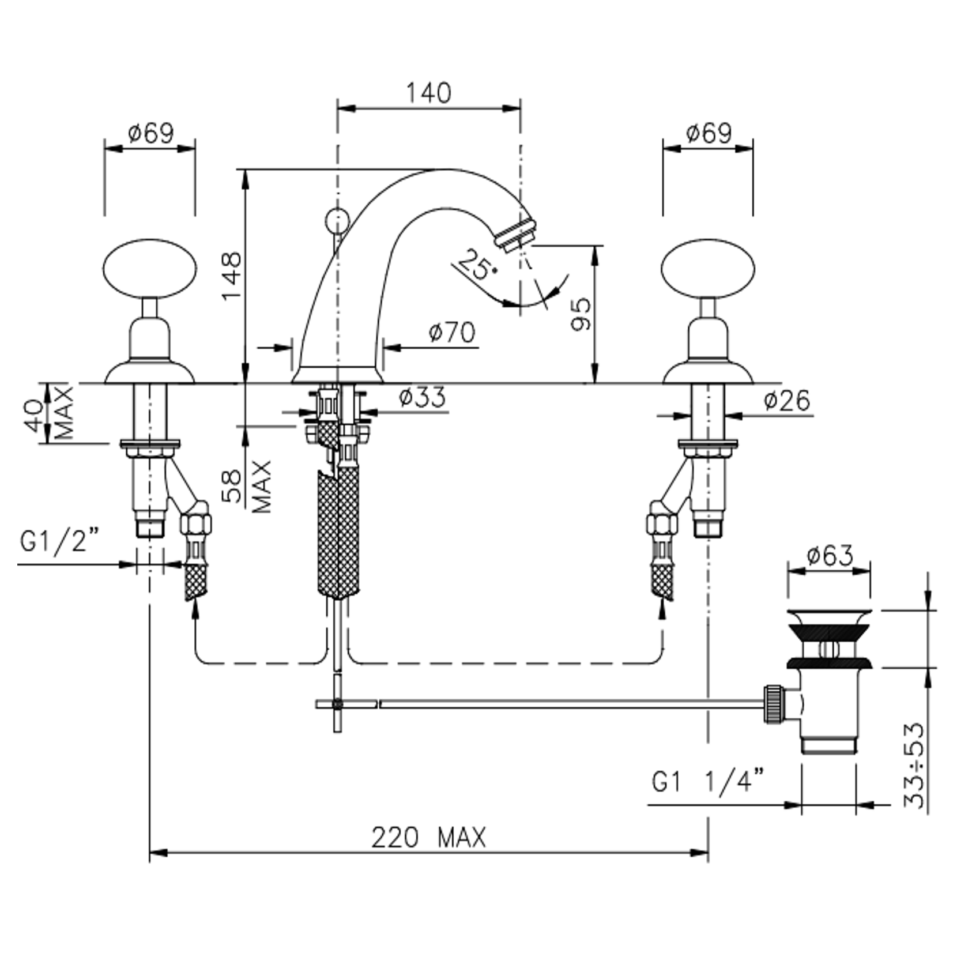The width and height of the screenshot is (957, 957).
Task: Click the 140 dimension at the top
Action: coord(428,93)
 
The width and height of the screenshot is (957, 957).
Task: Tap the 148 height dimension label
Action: coord(232,276)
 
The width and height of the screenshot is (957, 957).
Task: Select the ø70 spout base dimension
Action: coord(452,333)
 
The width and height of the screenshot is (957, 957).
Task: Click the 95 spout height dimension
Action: coord(581,314)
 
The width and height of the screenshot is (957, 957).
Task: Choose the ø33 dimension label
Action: coord(422,397)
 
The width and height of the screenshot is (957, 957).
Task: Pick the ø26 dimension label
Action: coord(787,400)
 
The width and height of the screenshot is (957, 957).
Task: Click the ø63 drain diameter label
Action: coord(830,556)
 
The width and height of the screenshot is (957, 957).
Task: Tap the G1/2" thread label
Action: coord(59,541)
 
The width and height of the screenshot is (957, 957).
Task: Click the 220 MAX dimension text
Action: coord(429,838)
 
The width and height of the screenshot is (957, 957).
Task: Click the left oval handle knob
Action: coord(150,270)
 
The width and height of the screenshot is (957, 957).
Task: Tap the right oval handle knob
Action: coord(708,270)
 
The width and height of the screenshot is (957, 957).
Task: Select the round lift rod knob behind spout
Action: coord(337,220)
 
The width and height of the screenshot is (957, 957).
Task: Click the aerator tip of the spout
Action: coord(517,235)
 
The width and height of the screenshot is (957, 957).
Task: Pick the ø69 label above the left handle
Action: coord(150,134)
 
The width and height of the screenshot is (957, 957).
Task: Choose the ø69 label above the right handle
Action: coord(709,134)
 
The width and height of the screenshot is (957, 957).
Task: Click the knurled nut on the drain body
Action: coord(774,703)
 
